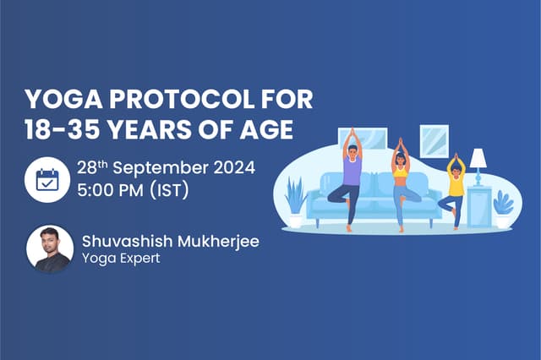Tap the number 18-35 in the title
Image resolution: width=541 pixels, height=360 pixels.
click(63, 132)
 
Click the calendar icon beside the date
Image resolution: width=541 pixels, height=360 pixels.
click(46, 178)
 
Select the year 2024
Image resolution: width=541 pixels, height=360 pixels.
click(232, 167)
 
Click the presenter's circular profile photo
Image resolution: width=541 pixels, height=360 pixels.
click(49, 248)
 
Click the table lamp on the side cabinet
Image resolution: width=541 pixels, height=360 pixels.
click(478, 162)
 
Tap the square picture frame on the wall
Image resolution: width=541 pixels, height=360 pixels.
click(434, 140)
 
